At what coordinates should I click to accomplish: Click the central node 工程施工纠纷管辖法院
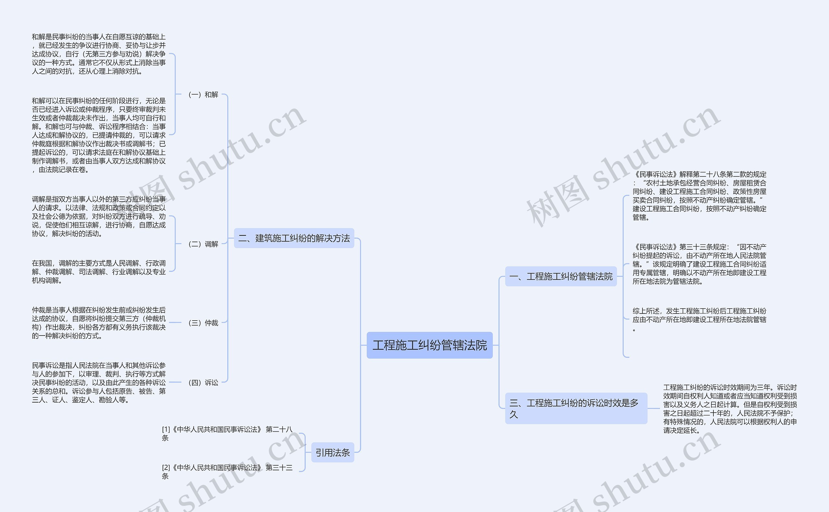(430, 345)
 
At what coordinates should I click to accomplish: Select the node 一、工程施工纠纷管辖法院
(561, 276)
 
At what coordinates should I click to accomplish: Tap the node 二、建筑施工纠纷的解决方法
(294, 238)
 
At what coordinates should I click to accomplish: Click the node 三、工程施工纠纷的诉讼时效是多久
(576, 408)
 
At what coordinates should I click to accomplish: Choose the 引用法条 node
(333, 452)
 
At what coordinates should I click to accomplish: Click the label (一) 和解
(203, 95)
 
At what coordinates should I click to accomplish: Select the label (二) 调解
(203, 244)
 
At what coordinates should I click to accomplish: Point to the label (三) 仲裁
(203, 323)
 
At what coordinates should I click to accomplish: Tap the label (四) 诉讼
(203, 383)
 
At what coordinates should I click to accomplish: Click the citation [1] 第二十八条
(227, 433)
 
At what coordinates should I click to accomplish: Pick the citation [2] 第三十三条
(227, 472)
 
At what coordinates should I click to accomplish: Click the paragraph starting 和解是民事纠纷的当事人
(98, 54)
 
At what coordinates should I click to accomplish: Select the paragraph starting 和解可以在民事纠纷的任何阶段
(98, 135)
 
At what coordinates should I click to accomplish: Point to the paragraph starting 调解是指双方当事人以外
(98, 216)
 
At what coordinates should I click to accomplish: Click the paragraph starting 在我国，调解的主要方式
(98, 272)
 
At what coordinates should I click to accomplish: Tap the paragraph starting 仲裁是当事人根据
(98, 323)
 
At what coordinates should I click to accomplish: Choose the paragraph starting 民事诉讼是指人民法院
(98, 383)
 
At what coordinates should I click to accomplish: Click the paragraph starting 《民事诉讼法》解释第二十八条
(699, 196)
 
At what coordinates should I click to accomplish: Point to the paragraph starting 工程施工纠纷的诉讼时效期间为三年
(730, 409)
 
